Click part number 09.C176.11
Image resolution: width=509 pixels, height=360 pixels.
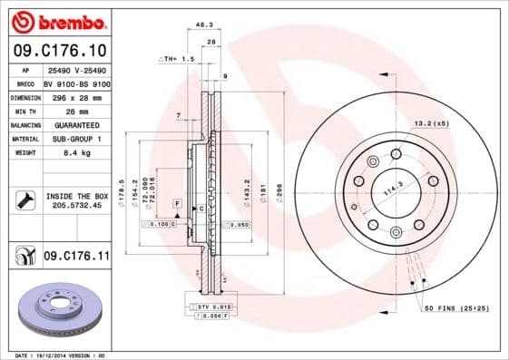tap(75, 258)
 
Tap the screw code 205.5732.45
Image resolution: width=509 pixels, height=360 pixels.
tap(75, 206)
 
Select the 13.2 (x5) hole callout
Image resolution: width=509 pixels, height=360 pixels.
tap(432, 122)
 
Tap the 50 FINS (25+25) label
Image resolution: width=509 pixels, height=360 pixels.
tap(456, 309)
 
